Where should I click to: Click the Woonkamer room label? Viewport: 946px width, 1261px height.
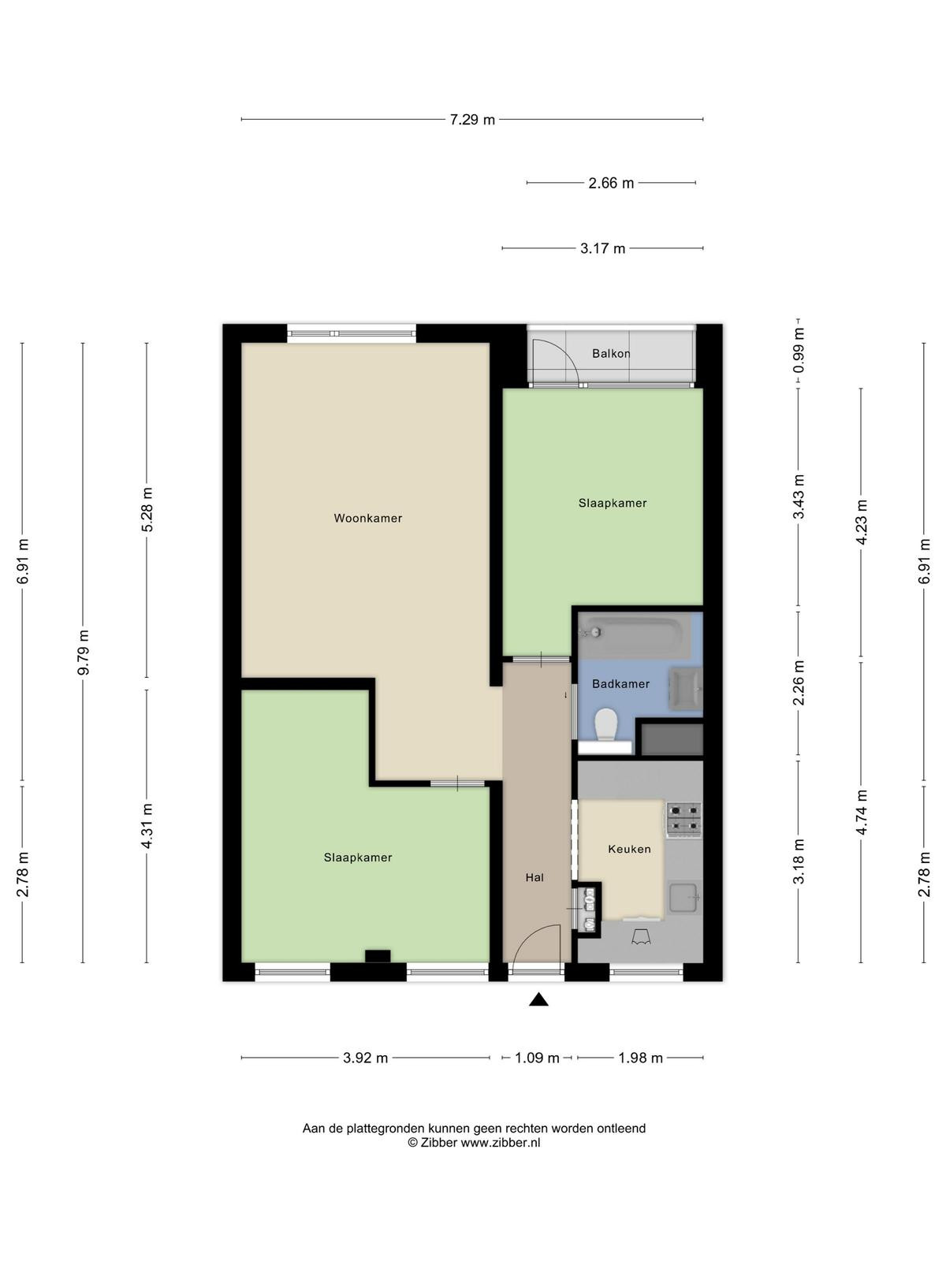click(x=367, y=518)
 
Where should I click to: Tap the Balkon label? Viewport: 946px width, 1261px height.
click(x=611, y=353)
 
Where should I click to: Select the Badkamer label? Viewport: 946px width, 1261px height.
click(x=621, y=683)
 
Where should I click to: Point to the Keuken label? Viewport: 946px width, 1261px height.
click(x=630, y=849)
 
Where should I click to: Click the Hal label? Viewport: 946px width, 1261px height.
click(x=534, y=877)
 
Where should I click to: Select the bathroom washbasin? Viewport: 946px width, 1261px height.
click(x=686, y=689)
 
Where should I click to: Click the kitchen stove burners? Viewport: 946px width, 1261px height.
click(x=684, y=820)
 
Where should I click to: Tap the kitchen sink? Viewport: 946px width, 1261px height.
click(x=684, y=898)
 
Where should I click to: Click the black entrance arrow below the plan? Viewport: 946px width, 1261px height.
click(x=538, y=999)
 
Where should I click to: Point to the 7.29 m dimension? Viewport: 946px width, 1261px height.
click(x=472, y=120)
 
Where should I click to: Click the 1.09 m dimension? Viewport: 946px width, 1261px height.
click(x=537, y=1058)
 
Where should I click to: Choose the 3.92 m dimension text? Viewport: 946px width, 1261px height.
click(x=365, y=1058)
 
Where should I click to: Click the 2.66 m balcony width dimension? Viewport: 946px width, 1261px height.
click(x=611, y=183)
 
